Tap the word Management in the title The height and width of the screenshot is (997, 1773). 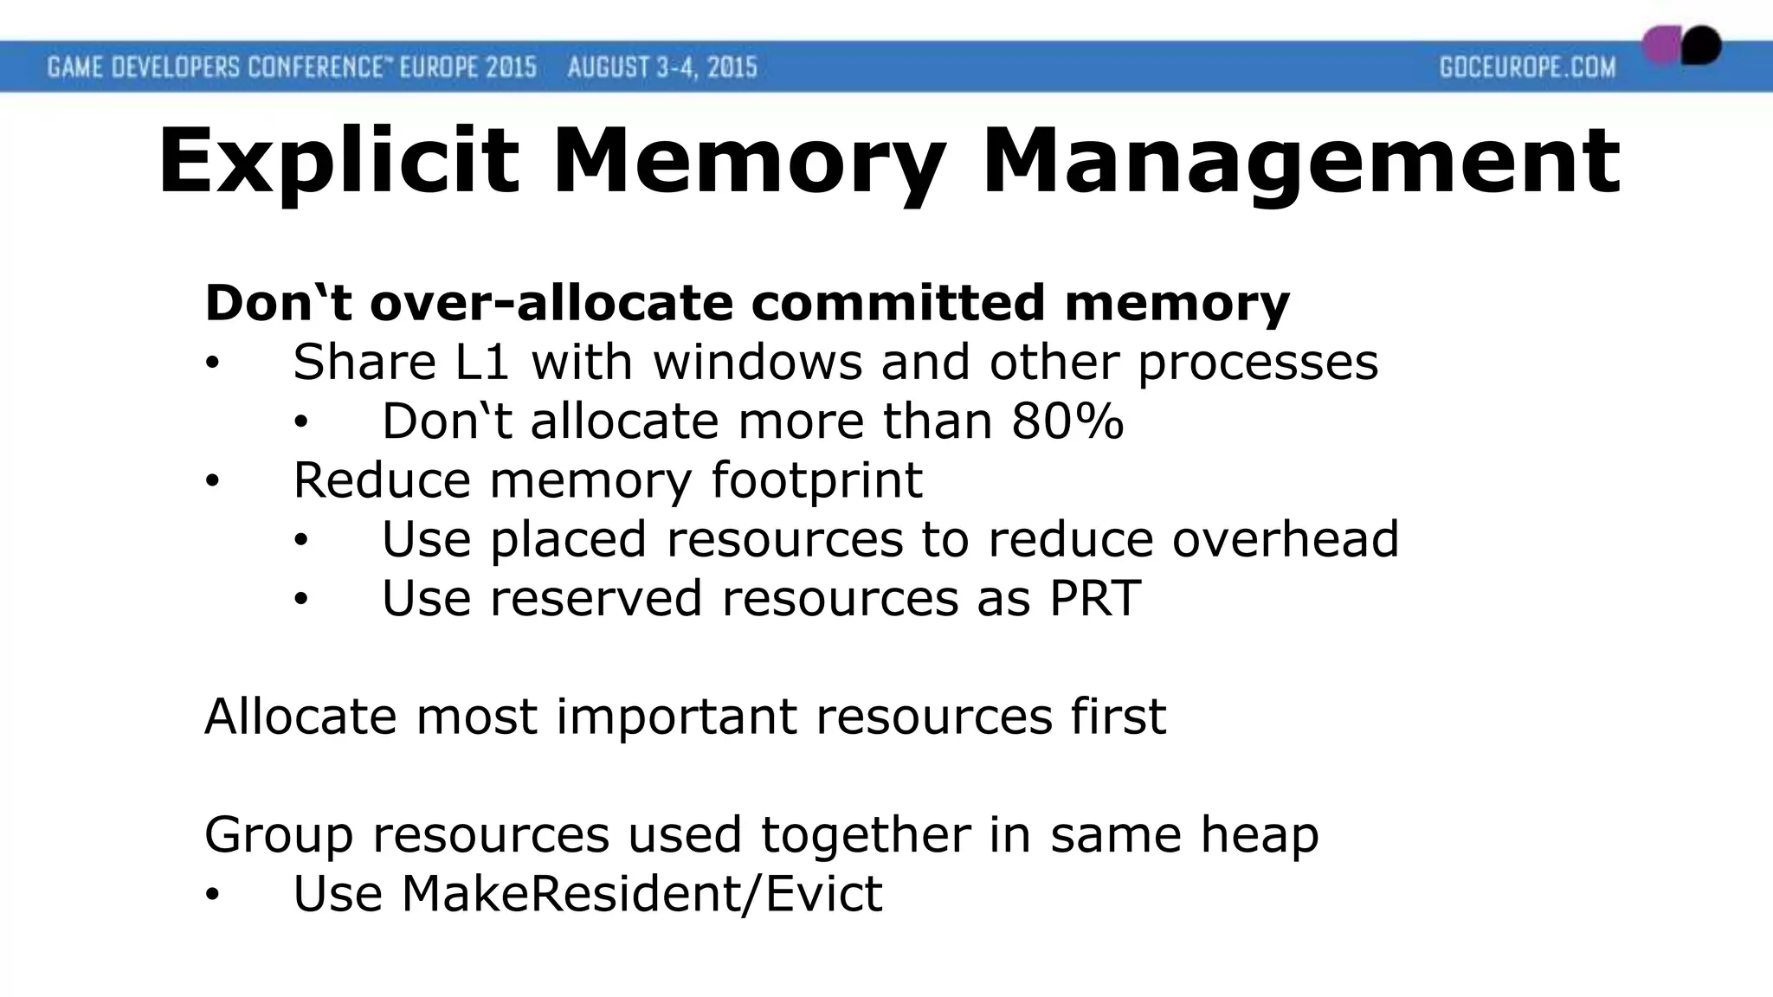coord(1300,163)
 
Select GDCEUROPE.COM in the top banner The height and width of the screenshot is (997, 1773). coord(1527,67)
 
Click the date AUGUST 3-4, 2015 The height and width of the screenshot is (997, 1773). coord(662,67)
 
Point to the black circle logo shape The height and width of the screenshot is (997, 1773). coord(1701,45)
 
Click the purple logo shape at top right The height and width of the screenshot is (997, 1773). coord(1661,46)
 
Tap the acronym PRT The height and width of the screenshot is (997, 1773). coord(1094,598)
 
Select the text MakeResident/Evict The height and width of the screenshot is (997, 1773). coord(642,893)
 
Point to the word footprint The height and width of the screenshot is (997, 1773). coord(816,480)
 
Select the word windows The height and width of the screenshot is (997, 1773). coord(758,362)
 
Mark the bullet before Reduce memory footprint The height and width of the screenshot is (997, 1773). coord(213,482)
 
